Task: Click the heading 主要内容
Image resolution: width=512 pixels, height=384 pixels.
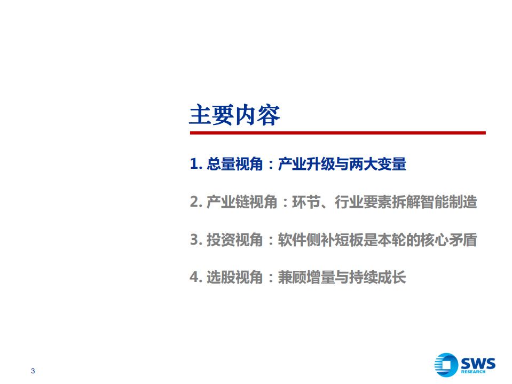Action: [234, 115]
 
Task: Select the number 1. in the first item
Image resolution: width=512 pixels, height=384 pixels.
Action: [196, 164]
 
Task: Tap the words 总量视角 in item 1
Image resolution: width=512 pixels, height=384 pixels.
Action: [235, 164]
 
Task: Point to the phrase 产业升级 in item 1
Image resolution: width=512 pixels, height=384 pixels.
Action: [306, 164]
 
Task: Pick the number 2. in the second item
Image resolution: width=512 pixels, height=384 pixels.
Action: [196, 202]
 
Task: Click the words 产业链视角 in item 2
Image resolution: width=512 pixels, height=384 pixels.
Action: [242, 202]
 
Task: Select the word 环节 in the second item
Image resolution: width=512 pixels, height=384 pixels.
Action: [306, 202]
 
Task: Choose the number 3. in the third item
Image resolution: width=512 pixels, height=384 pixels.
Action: [196, 240]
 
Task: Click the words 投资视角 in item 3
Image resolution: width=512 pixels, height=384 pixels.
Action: [235, 240]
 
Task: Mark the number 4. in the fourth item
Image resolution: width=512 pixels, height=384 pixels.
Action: [196, 278]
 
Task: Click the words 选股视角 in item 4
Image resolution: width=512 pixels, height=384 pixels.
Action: [235, 278]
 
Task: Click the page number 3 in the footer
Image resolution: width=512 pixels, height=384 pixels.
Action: [33, 371]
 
